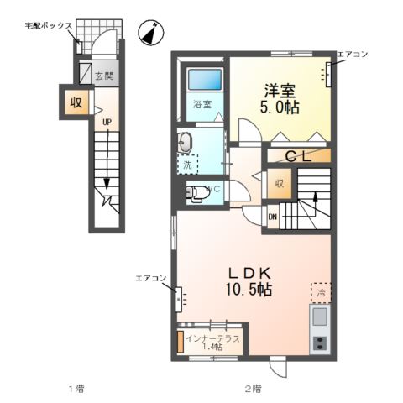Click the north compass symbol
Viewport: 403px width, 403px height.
pyautogui.click(x=150, y=32)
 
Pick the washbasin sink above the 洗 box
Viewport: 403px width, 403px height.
pyautogui.click(x=186, y=144)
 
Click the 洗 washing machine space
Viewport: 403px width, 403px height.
pyautogui.click(x=187, y=164)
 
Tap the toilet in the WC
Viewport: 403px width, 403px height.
pyautogui.click(x=197, y=193)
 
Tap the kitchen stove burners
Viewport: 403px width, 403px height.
pyautogui.click(x=320, y=343)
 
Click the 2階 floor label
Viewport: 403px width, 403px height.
pyautogui.click(x=253, y=389)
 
